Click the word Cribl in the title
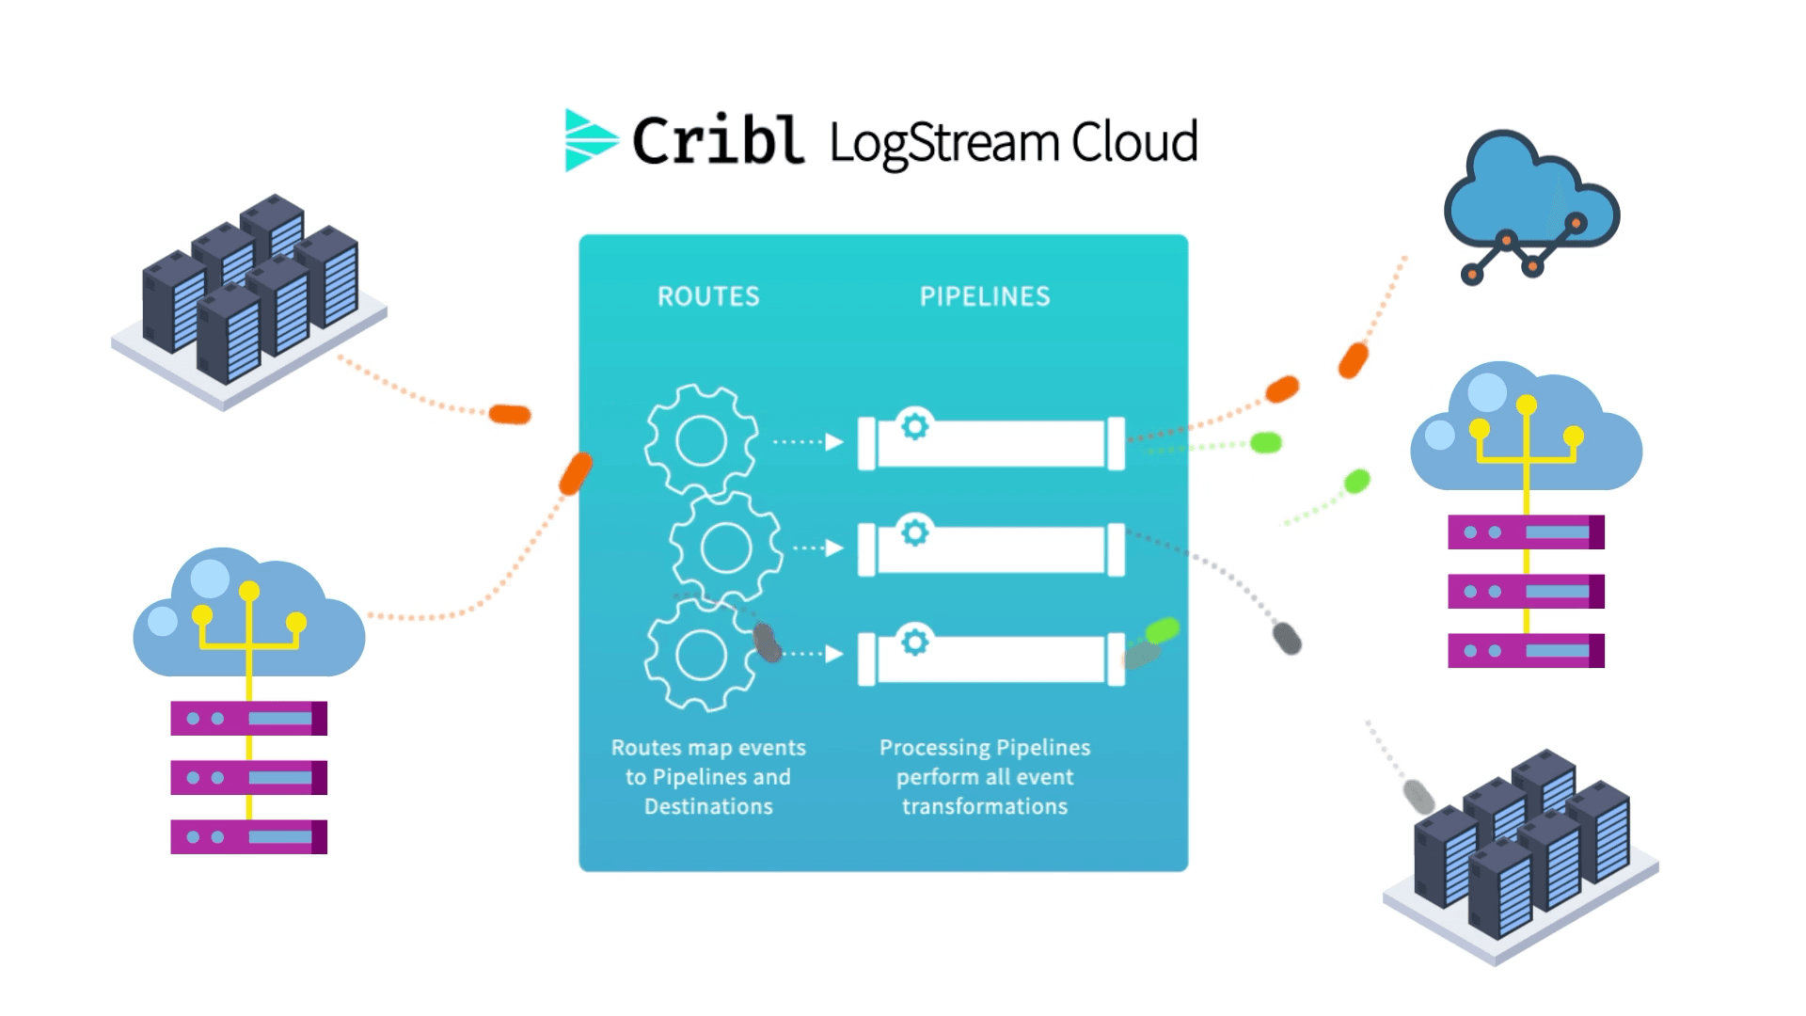click(x=718, y=142)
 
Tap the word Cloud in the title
click(x=1133, y=142)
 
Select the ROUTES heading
click(x=708, y=296)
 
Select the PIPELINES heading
click(x=984, y=296)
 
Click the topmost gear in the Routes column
click(x=701, y=440)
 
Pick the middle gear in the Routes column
click(x=725, y=548)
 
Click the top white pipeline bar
click(x=1006, y=444)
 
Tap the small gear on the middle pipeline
click(x=914, y=533)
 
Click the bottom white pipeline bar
click(x=1006, y=659)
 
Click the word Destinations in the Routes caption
click(x=708, y=806)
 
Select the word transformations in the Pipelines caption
click(x=984, y=806)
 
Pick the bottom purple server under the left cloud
click(x=248, y=836)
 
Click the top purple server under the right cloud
click(x=1526, y=532)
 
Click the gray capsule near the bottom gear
click(x=768, y=643)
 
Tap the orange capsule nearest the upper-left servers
click(x=510, y=414)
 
